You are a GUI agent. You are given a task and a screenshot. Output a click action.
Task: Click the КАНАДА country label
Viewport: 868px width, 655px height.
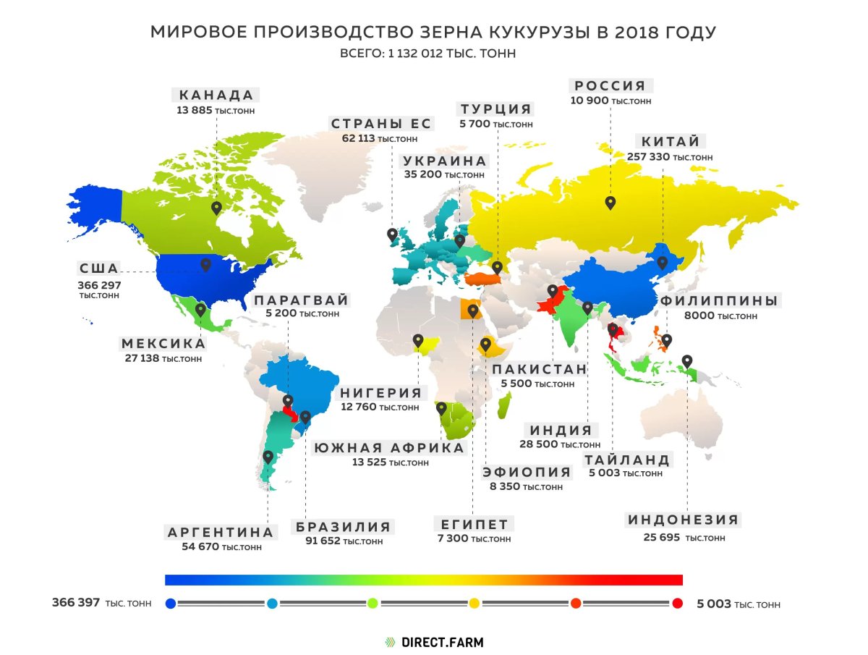click(x=216, y=96)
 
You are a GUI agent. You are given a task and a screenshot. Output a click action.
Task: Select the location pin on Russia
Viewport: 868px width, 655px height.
click(x=610, y=203)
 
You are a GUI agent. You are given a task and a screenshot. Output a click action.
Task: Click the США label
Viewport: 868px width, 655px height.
click(x=99, y=269)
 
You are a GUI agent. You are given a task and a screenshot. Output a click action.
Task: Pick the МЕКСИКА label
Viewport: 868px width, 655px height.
click(x=163, y=344)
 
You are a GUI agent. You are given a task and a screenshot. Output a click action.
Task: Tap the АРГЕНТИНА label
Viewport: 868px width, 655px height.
click(x=221, y=533)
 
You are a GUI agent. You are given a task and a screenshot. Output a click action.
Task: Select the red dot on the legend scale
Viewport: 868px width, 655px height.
click(x=677, y=604)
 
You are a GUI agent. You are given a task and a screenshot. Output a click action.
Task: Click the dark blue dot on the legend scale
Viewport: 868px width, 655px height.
click(x=171, y=604)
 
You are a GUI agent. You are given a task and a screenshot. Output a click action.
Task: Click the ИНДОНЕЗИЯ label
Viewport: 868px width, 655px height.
click(x=683, y=520)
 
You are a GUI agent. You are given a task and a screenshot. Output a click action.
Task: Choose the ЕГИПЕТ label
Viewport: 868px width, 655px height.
click(x=474, y=524)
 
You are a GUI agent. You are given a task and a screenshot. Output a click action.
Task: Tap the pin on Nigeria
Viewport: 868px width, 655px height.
click(x=418, y=340)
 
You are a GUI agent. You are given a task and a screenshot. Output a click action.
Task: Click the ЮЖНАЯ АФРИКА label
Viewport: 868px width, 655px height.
click(x=388, y=448)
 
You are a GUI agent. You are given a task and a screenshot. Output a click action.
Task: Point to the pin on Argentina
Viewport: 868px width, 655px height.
click(x=268, y=457)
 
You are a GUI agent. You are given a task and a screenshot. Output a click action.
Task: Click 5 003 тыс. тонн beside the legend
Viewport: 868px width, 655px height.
click(x=738, y=604)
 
